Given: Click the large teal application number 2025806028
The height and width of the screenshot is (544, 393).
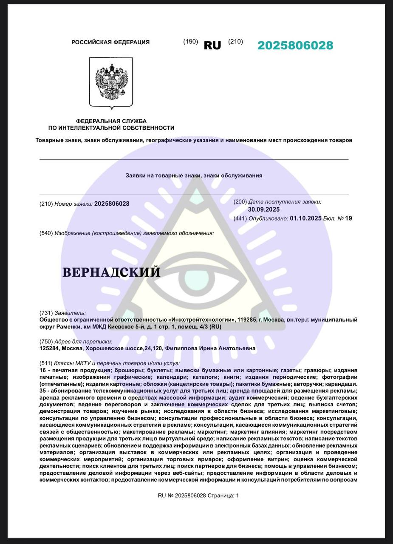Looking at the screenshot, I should tap(295, 45).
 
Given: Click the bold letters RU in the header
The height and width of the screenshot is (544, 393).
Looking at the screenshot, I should tap(212, 45).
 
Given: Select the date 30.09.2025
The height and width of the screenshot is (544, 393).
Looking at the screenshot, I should tap(264, 210).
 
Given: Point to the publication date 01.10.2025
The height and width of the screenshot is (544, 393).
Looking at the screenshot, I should tap(305, 218).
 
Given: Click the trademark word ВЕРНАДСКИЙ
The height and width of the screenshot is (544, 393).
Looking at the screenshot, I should tap(111, 272).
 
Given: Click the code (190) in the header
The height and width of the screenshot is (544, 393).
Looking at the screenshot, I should tap(190, 42).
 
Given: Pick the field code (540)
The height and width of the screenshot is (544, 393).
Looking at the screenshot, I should tap(46, 233).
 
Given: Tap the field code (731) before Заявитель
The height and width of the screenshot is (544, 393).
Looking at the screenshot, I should tap(46, 313).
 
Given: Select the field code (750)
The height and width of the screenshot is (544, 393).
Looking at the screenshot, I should tap(46, 341).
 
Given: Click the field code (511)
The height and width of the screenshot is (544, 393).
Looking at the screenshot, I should tap(46, 363).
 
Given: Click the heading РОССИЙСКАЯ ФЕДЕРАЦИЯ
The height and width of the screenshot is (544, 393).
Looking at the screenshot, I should tap(110, 42).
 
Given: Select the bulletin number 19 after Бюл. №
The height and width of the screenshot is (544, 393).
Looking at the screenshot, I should tap(348, 218).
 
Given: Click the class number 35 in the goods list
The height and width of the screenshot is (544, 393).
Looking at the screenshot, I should tap(42, 391).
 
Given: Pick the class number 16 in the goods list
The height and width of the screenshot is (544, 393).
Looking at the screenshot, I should tap(42, 370).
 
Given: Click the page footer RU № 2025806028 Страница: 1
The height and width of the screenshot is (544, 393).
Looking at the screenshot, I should tap(198, 496).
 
